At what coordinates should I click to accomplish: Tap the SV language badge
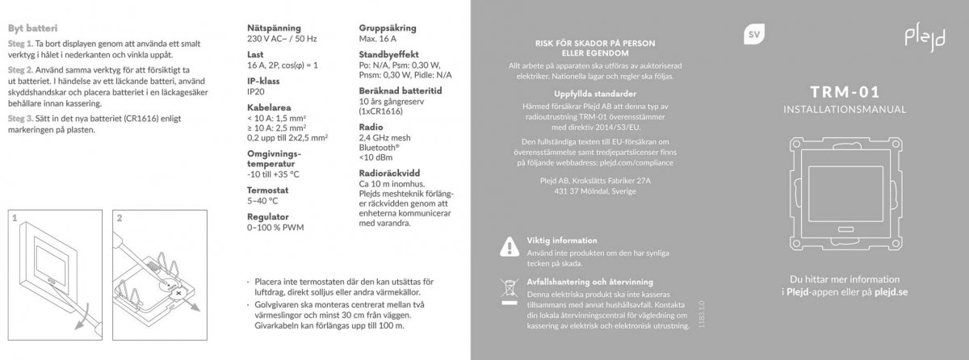753,35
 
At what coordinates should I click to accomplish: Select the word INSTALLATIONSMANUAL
844,108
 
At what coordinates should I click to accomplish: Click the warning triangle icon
508,245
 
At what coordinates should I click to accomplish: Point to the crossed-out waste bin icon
508,287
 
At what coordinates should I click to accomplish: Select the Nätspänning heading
274,28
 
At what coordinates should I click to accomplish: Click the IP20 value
255,93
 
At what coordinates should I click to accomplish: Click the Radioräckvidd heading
389,173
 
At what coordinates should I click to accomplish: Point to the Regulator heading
266,217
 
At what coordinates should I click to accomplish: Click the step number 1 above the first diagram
16,217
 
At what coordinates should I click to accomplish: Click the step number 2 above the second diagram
119,217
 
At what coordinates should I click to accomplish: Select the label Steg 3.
19,117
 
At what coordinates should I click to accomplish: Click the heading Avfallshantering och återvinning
589,282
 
